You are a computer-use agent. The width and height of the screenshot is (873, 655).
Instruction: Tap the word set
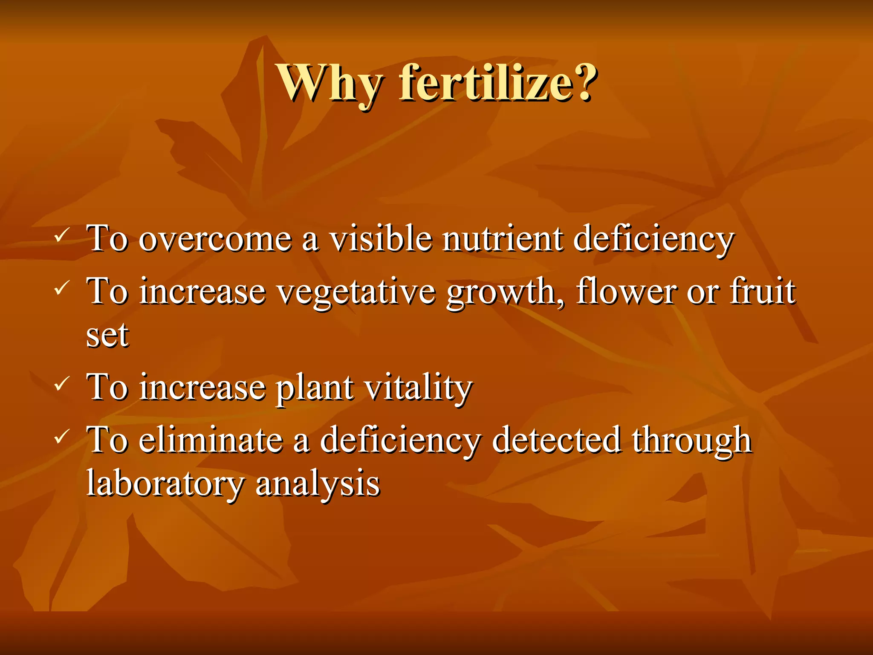[107, 336]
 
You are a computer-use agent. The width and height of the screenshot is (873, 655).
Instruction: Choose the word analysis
[317, 484]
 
